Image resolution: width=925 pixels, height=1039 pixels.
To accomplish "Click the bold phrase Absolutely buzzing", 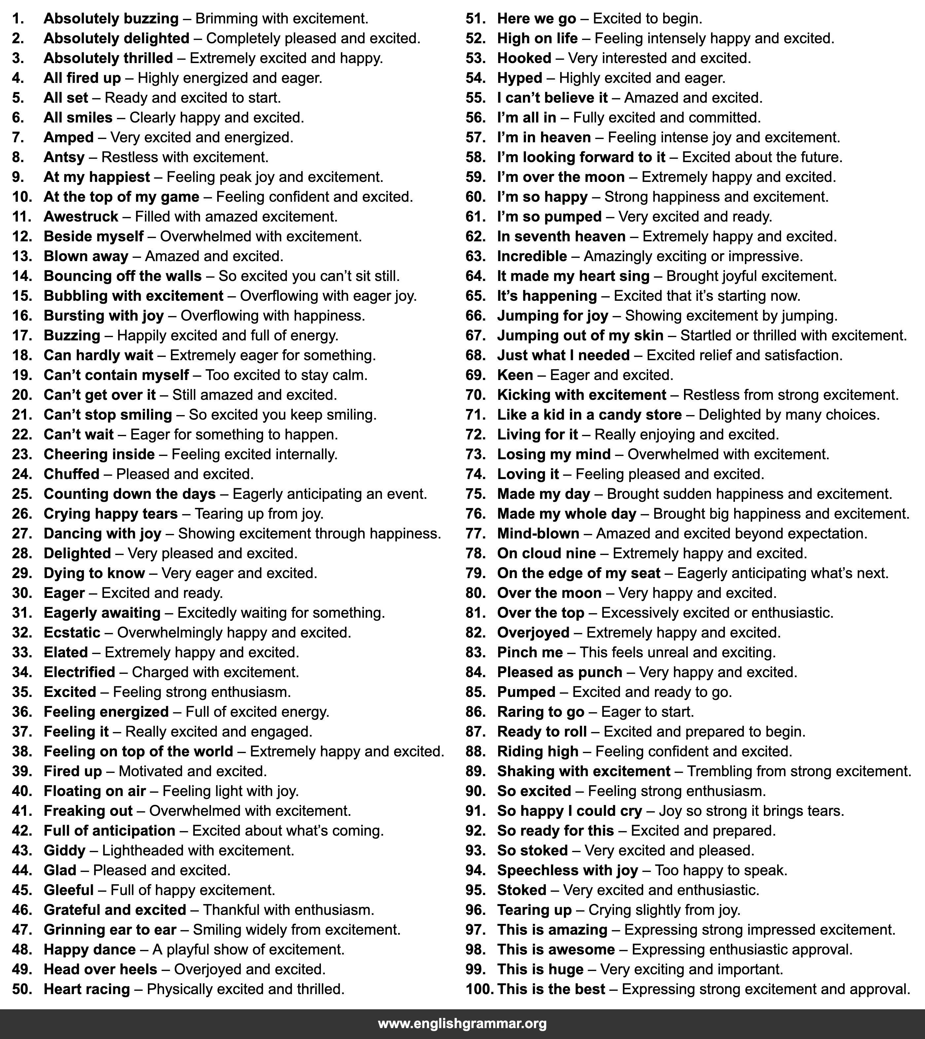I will click(x=111, y=19).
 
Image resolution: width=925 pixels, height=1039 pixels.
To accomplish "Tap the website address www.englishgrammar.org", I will click(x=462, y=1023).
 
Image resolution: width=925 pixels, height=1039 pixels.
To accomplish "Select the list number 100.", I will click(x=479, y=989).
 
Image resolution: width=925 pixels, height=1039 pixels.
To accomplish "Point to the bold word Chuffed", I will click(x=72, y=474).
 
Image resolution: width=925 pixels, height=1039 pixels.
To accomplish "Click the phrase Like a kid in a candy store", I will click(x=589, y=415).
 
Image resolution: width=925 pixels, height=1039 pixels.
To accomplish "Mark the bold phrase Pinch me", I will click(x=530, y=653).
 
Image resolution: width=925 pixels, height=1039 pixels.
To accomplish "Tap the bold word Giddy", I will click(x=65, y=850).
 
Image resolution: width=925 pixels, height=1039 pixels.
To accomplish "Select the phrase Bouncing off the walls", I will click(x=122, y=276).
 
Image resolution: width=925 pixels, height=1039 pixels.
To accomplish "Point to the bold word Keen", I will click(x=515, y=375).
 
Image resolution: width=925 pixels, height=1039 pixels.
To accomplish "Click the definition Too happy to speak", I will click(x=721, y=870).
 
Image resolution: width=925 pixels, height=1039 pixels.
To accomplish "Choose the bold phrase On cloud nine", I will click(x=546, y=554).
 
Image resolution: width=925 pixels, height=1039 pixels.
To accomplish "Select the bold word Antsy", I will click(x=64, y=157).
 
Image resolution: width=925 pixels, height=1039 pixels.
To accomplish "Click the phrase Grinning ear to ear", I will click(x=110, y=930).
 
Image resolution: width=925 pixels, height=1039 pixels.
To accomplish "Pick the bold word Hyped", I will click(x=519, y=78).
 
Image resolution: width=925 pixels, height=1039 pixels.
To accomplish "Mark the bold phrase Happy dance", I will click(x=89, y=950).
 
